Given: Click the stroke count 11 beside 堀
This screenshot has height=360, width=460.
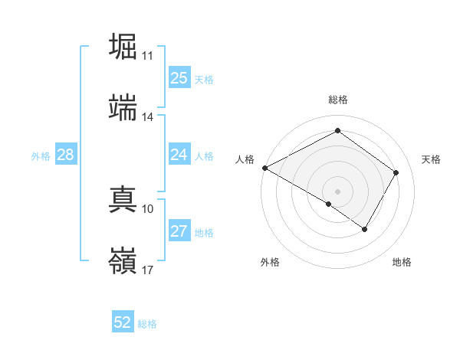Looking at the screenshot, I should coord(147,56).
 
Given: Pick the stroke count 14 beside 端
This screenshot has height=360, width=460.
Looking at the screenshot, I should coord(147,117).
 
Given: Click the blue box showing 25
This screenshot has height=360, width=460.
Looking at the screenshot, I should coord(179,78).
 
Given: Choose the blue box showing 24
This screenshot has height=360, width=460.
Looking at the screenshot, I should coord(179,155).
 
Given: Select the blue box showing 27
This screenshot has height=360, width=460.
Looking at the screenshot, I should coord(179,232).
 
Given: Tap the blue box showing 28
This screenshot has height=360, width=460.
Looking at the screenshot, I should coord(66,155).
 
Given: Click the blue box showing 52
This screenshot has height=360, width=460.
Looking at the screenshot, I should coord(123,322).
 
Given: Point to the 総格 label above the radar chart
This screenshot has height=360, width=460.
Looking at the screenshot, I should coord(338,100).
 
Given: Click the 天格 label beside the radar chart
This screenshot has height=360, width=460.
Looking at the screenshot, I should coord(431,159).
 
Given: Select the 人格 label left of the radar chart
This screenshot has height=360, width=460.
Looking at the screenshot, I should coord(245,159).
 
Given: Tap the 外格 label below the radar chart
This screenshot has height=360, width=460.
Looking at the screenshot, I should coord(270,262).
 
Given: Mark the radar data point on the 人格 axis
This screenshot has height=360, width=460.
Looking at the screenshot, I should coord(264,168).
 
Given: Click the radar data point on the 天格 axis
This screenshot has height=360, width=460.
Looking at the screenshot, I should coord(396,172).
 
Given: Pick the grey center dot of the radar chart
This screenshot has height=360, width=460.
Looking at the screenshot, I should coord(337,190).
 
